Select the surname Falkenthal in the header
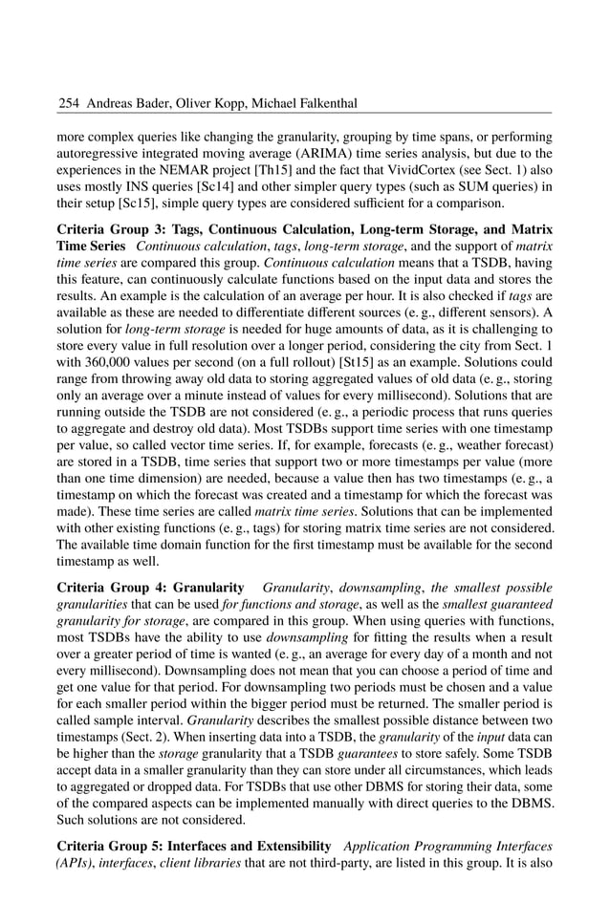[293, 102]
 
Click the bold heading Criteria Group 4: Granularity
[151, 589]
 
